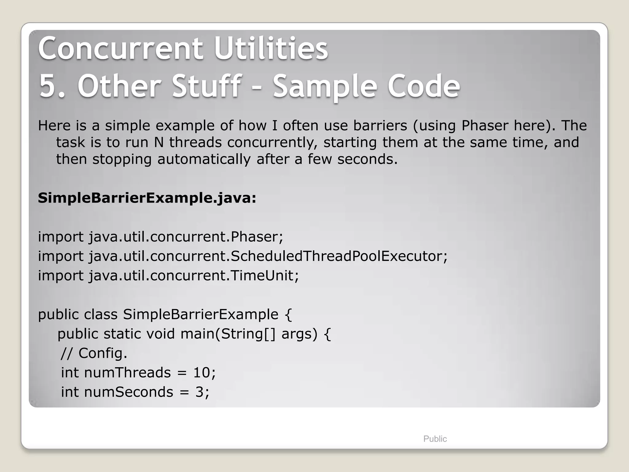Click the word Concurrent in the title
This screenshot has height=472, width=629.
click(x=120, y=49)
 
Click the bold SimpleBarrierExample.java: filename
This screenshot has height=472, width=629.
click(x=147, y=198)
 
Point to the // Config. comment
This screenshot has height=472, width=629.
click(x=94, y=353)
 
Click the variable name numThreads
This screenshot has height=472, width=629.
click(x=127, y=373)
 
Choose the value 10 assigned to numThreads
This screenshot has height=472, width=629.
click(x=201, y=373)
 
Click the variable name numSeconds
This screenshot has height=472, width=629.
click(x=128, y=392)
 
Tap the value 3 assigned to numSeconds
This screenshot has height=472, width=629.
click(x=199, y=392)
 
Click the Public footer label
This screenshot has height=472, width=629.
click(x=435, y=439)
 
